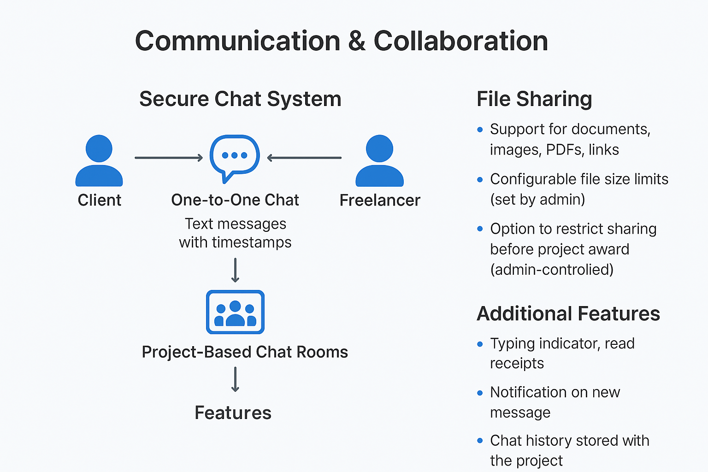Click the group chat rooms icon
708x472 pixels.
(x=235, y=312)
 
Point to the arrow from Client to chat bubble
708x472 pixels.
(x=169, y=158)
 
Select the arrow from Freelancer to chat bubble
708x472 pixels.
(x=304, y=158)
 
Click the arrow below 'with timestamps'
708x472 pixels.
(x=235, y=270)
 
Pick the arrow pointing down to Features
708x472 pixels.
(x=235, y=379)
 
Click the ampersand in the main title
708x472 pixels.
(x=357, y=41)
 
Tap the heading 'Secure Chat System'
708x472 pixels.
(x=240, y=99)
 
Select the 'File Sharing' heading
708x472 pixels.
(x=534, y=99)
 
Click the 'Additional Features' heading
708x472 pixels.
(x=568, y=313)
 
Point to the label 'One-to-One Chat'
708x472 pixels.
(x=235, y=200)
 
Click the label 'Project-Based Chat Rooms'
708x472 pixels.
(x=245, y=352)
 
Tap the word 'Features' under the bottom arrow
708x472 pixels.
(x=233, y=413)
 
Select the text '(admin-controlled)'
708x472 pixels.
(x=552, y=270)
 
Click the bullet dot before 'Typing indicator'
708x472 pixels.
(x=480, y=344)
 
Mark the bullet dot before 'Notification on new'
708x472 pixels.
(x=480, y=393)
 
